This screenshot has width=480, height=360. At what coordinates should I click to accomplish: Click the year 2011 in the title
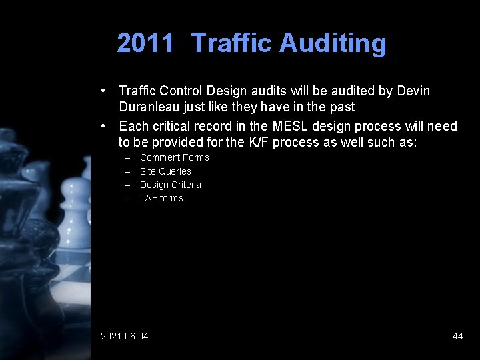[x=145, y=43]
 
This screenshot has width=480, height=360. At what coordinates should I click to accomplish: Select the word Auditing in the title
[x=333, y=43]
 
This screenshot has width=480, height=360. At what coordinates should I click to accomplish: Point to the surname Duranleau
[x=151, y=107]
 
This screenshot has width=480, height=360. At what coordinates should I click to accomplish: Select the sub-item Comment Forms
[x=174, y=157]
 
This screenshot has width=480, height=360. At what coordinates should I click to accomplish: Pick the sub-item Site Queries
[x=165, y=171]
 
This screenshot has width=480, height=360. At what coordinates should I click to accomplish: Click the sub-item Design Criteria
[x=170, y=185]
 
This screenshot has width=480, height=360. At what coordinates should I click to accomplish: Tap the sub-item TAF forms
[x=161, y=198]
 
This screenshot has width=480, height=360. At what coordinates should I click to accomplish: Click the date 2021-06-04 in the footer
[x=125, y=336]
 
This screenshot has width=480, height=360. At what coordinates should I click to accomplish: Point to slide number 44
[x=457, y=336]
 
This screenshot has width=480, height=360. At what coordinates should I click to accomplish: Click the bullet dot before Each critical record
[x=104, y=126]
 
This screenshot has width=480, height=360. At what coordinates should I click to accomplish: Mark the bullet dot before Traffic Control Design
[x=104, y=90]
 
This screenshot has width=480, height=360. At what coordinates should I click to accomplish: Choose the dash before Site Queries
[x=127, y=171]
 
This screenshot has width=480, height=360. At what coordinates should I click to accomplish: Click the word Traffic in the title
[x=231, y=43]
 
